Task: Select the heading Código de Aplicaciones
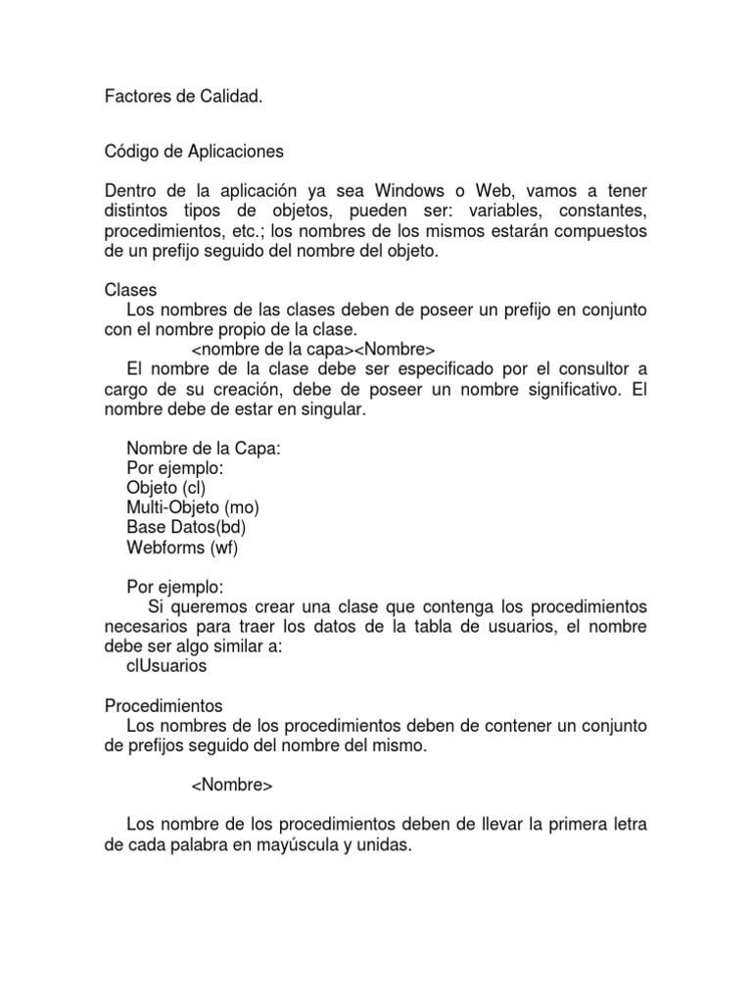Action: click(194, 152)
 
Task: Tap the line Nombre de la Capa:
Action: click(203, 449)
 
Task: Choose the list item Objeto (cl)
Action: click(166, 488)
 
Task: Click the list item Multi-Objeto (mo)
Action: click(193, 507)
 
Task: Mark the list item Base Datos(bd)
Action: click(186, 528)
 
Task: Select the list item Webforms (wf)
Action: click(182, 548)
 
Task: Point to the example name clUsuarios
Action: click(166, 666)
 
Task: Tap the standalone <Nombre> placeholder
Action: click(232, 786)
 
